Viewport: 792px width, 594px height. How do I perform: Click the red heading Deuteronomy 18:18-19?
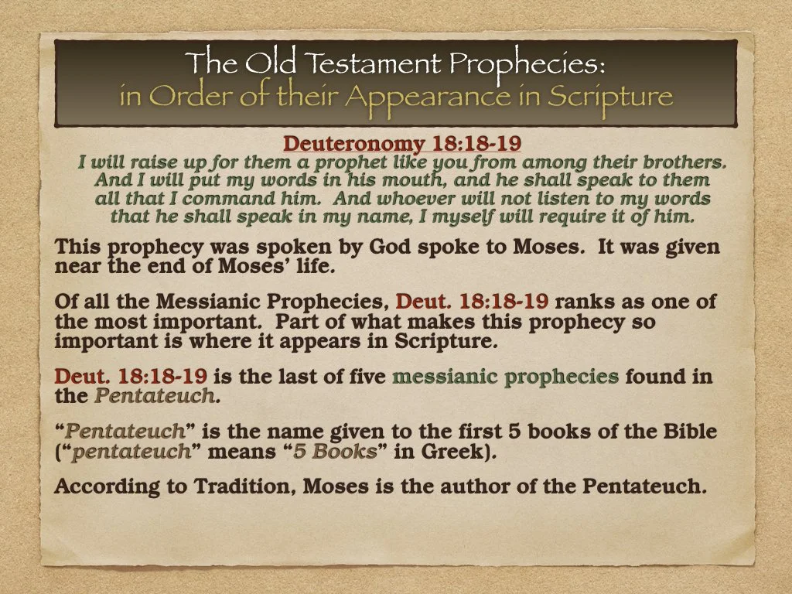pos(402,144)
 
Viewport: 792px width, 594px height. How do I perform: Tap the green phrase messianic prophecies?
pos(506,377)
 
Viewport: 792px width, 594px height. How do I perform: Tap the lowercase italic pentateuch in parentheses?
pos(131,452)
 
